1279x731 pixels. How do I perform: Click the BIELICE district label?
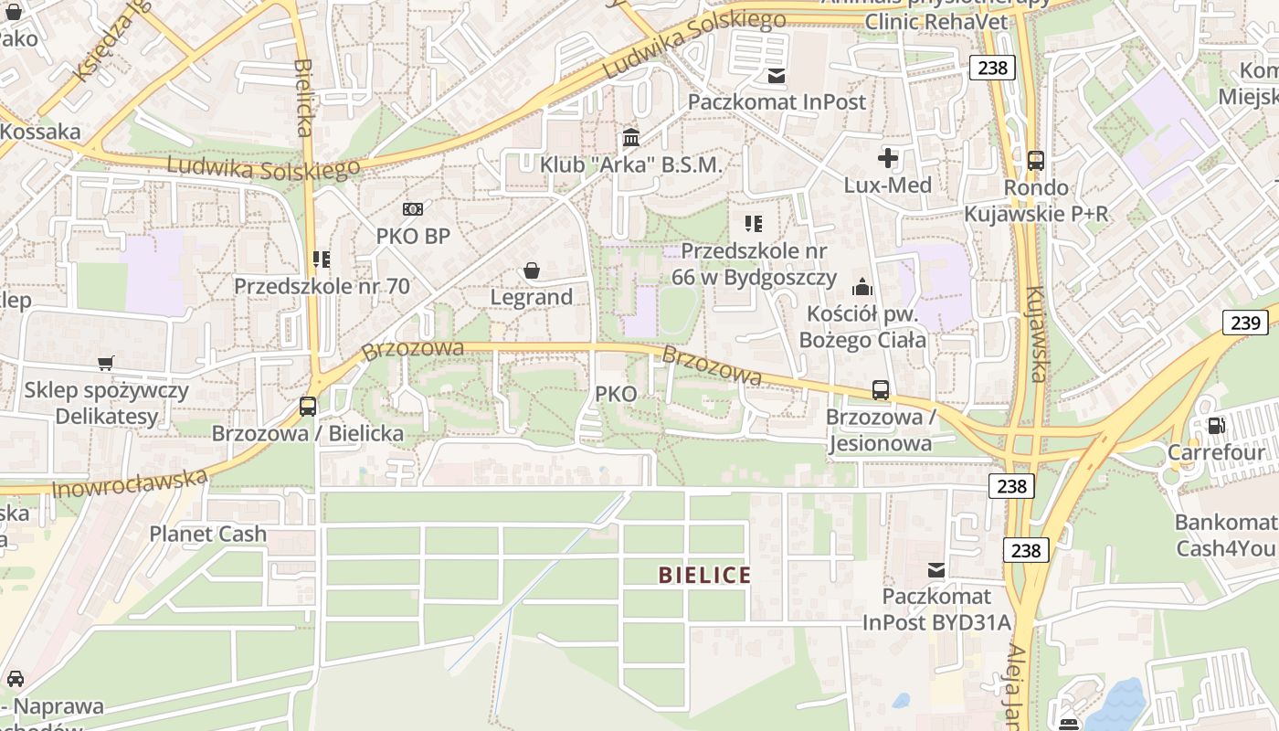[704, 575]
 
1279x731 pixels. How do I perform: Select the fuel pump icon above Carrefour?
[1216, 425]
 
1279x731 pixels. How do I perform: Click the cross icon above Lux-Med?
[887, 159]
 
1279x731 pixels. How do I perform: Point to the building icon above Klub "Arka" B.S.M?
[630, 138]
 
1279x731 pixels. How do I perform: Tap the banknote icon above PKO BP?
[413, 209]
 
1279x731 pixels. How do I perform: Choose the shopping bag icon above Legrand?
[531, 270]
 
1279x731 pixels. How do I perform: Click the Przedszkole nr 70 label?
[322, 286]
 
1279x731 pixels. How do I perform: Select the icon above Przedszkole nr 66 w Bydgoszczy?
[754, 224]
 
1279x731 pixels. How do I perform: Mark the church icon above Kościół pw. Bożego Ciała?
[861, 288]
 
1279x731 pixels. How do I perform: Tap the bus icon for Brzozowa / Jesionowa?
[881, 390]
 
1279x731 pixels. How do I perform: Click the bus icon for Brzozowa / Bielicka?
[308, 407]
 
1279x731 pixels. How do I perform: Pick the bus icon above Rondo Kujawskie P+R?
[1036, 161]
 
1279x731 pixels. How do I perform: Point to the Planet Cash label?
[208, 534]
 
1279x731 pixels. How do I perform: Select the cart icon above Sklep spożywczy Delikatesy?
[106, 364]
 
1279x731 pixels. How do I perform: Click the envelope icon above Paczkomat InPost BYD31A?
[936, 570]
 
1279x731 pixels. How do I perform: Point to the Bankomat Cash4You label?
[1225, 535]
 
